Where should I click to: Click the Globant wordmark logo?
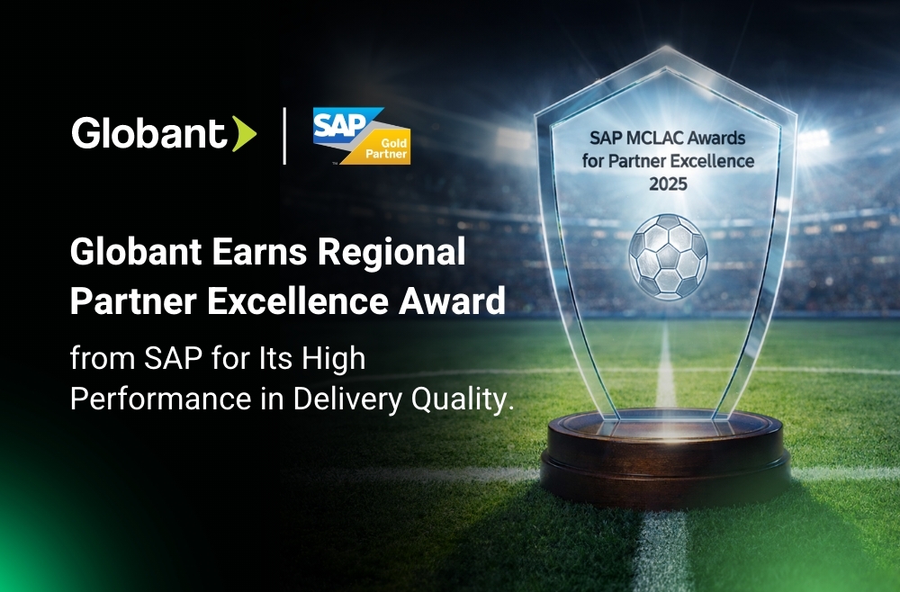(x=149, y=133)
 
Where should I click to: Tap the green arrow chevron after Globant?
(x=244, y=134)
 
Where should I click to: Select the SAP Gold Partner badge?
(x=361, y=136)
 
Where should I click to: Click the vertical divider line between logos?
(x=284, y=136)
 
